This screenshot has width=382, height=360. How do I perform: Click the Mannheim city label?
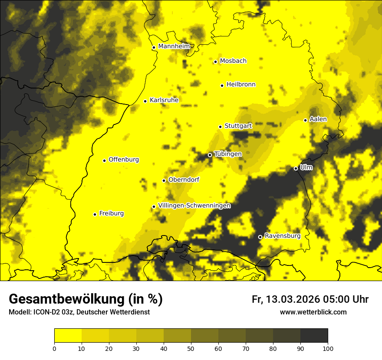click(x=174, y=46)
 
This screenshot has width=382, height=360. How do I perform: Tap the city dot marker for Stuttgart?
click(x=220, y=127)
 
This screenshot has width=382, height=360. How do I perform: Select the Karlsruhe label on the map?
click(x=164, y=100)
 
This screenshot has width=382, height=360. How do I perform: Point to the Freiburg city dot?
click(x=95, y=214)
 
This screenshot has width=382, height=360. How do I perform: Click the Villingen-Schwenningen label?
click(x=194, y=206)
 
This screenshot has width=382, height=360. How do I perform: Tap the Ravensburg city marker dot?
click(x=260, y=237)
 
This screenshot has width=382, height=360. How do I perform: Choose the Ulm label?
click(x=306, y=167)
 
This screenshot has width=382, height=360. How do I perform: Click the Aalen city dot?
click(x=305, y=120)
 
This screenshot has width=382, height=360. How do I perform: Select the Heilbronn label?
click(x=241, y=85)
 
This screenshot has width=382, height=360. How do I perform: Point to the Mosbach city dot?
click(x=215, y=62)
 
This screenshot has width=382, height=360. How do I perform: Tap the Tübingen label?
click(x=228, y=154)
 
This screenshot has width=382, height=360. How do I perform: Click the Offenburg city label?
click(x=124, y=160)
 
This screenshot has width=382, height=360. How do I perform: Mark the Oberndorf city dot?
click(x=164, y=180)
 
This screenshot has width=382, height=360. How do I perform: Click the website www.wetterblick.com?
click(x=313, y=312)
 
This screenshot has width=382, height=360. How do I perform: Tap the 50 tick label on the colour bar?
click(x=191, y=348)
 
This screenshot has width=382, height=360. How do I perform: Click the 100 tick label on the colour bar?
click(x=328, y=348)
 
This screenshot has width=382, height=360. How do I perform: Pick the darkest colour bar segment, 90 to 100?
click(x=314, y=336)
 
